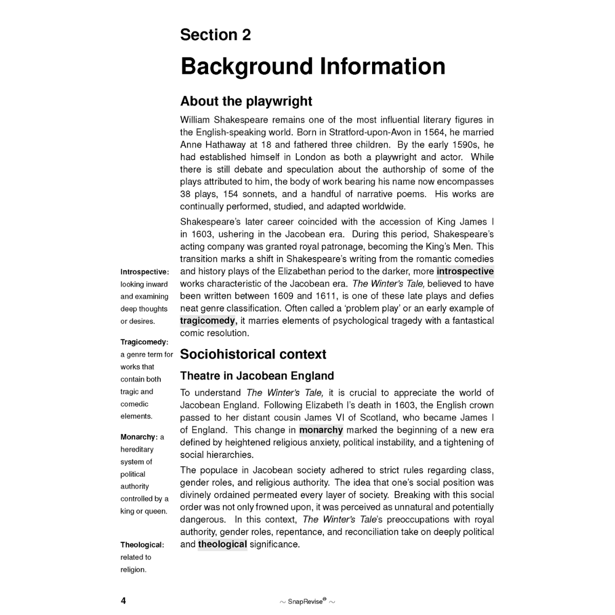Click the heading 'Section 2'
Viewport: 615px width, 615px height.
[215, 35]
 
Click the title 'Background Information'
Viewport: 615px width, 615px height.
[313, 67]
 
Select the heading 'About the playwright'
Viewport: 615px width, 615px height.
[246, 101]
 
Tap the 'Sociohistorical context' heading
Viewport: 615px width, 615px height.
[253, 354]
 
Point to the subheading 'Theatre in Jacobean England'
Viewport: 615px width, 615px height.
[257, 376]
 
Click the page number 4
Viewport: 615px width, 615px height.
[123, 601]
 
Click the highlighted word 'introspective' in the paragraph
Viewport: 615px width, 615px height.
[465, 271]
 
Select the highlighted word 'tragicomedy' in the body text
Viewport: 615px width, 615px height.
[208, 321]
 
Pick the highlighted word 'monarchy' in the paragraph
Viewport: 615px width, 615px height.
[321, 430]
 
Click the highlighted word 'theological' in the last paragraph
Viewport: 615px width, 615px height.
[222, 544]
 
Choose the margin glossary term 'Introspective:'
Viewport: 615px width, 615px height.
[145, 272]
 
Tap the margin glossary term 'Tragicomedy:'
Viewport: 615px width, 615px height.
[144, 342]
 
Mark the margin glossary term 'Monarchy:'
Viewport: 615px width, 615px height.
[139, 437]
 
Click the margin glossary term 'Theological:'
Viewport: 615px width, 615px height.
[142, 545]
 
